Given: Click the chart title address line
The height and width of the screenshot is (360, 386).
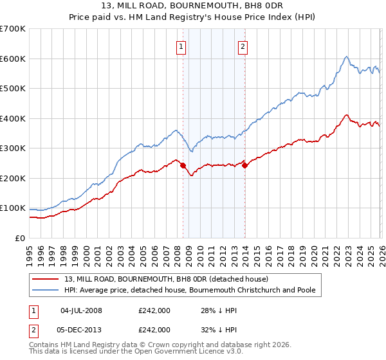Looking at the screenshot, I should (192, 7).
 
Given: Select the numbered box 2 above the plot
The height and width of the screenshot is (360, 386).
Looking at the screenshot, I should (243, 46).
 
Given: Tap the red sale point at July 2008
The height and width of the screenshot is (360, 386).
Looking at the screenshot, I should (183, 165).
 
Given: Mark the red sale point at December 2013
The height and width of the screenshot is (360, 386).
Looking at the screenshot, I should (245, 165).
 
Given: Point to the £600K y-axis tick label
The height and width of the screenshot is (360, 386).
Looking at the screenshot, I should (13, 59).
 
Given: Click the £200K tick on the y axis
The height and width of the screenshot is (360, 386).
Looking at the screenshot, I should (13, 178).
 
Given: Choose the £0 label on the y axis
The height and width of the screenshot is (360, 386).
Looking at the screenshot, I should (21, 238).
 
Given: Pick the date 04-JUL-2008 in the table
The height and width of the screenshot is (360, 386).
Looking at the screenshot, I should (81, 310).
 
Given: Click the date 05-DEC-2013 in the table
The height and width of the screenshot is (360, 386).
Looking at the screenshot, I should (81, 329).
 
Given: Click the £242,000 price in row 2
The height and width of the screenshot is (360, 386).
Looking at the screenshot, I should (154, 329).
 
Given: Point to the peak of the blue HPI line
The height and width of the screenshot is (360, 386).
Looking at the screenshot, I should (346, 57).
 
